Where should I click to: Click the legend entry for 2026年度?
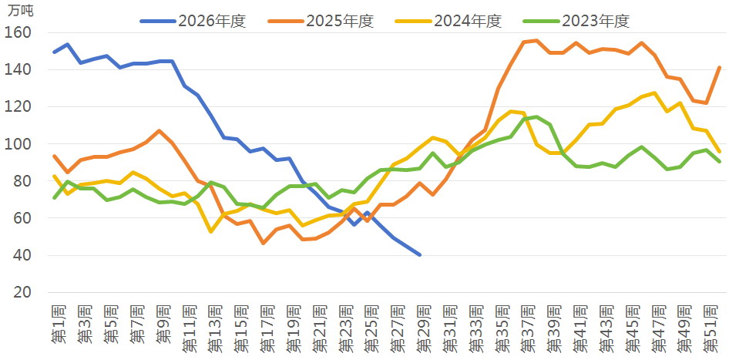coord(193,21)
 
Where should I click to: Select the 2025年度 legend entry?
coord(321,21)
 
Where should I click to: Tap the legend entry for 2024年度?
coord(448,21)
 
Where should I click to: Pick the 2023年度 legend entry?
coord(576,21)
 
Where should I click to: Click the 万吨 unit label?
coord(21,10)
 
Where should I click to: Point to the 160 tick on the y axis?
coord(18,32)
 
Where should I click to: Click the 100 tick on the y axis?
coord(18,143)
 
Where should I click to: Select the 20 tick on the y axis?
coord(22,292)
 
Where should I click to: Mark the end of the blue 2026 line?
coord(420,255)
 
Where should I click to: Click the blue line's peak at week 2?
coord(67,44)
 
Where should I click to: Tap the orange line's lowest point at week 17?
coord(263,244)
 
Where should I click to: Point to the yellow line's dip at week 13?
coord(211,231)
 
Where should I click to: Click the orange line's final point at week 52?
coord(720,67)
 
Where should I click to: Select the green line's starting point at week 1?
coord(55,198)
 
